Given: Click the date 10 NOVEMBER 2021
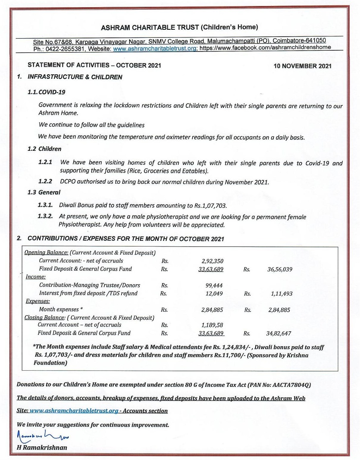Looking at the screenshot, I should point(302,66).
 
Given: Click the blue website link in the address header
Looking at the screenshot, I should point(155,47).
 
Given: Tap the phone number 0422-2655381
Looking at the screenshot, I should point(68,47).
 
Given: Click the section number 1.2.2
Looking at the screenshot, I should point(45,182).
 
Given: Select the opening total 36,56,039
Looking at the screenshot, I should point(280,269).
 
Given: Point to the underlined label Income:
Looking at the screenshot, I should point(36,277).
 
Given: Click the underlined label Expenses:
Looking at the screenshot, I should point(38,301).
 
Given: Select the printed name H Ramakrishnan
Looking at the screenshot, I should point(42,448).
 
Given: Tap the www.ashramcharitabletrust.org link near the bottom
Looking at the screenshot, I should point(74,411).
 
